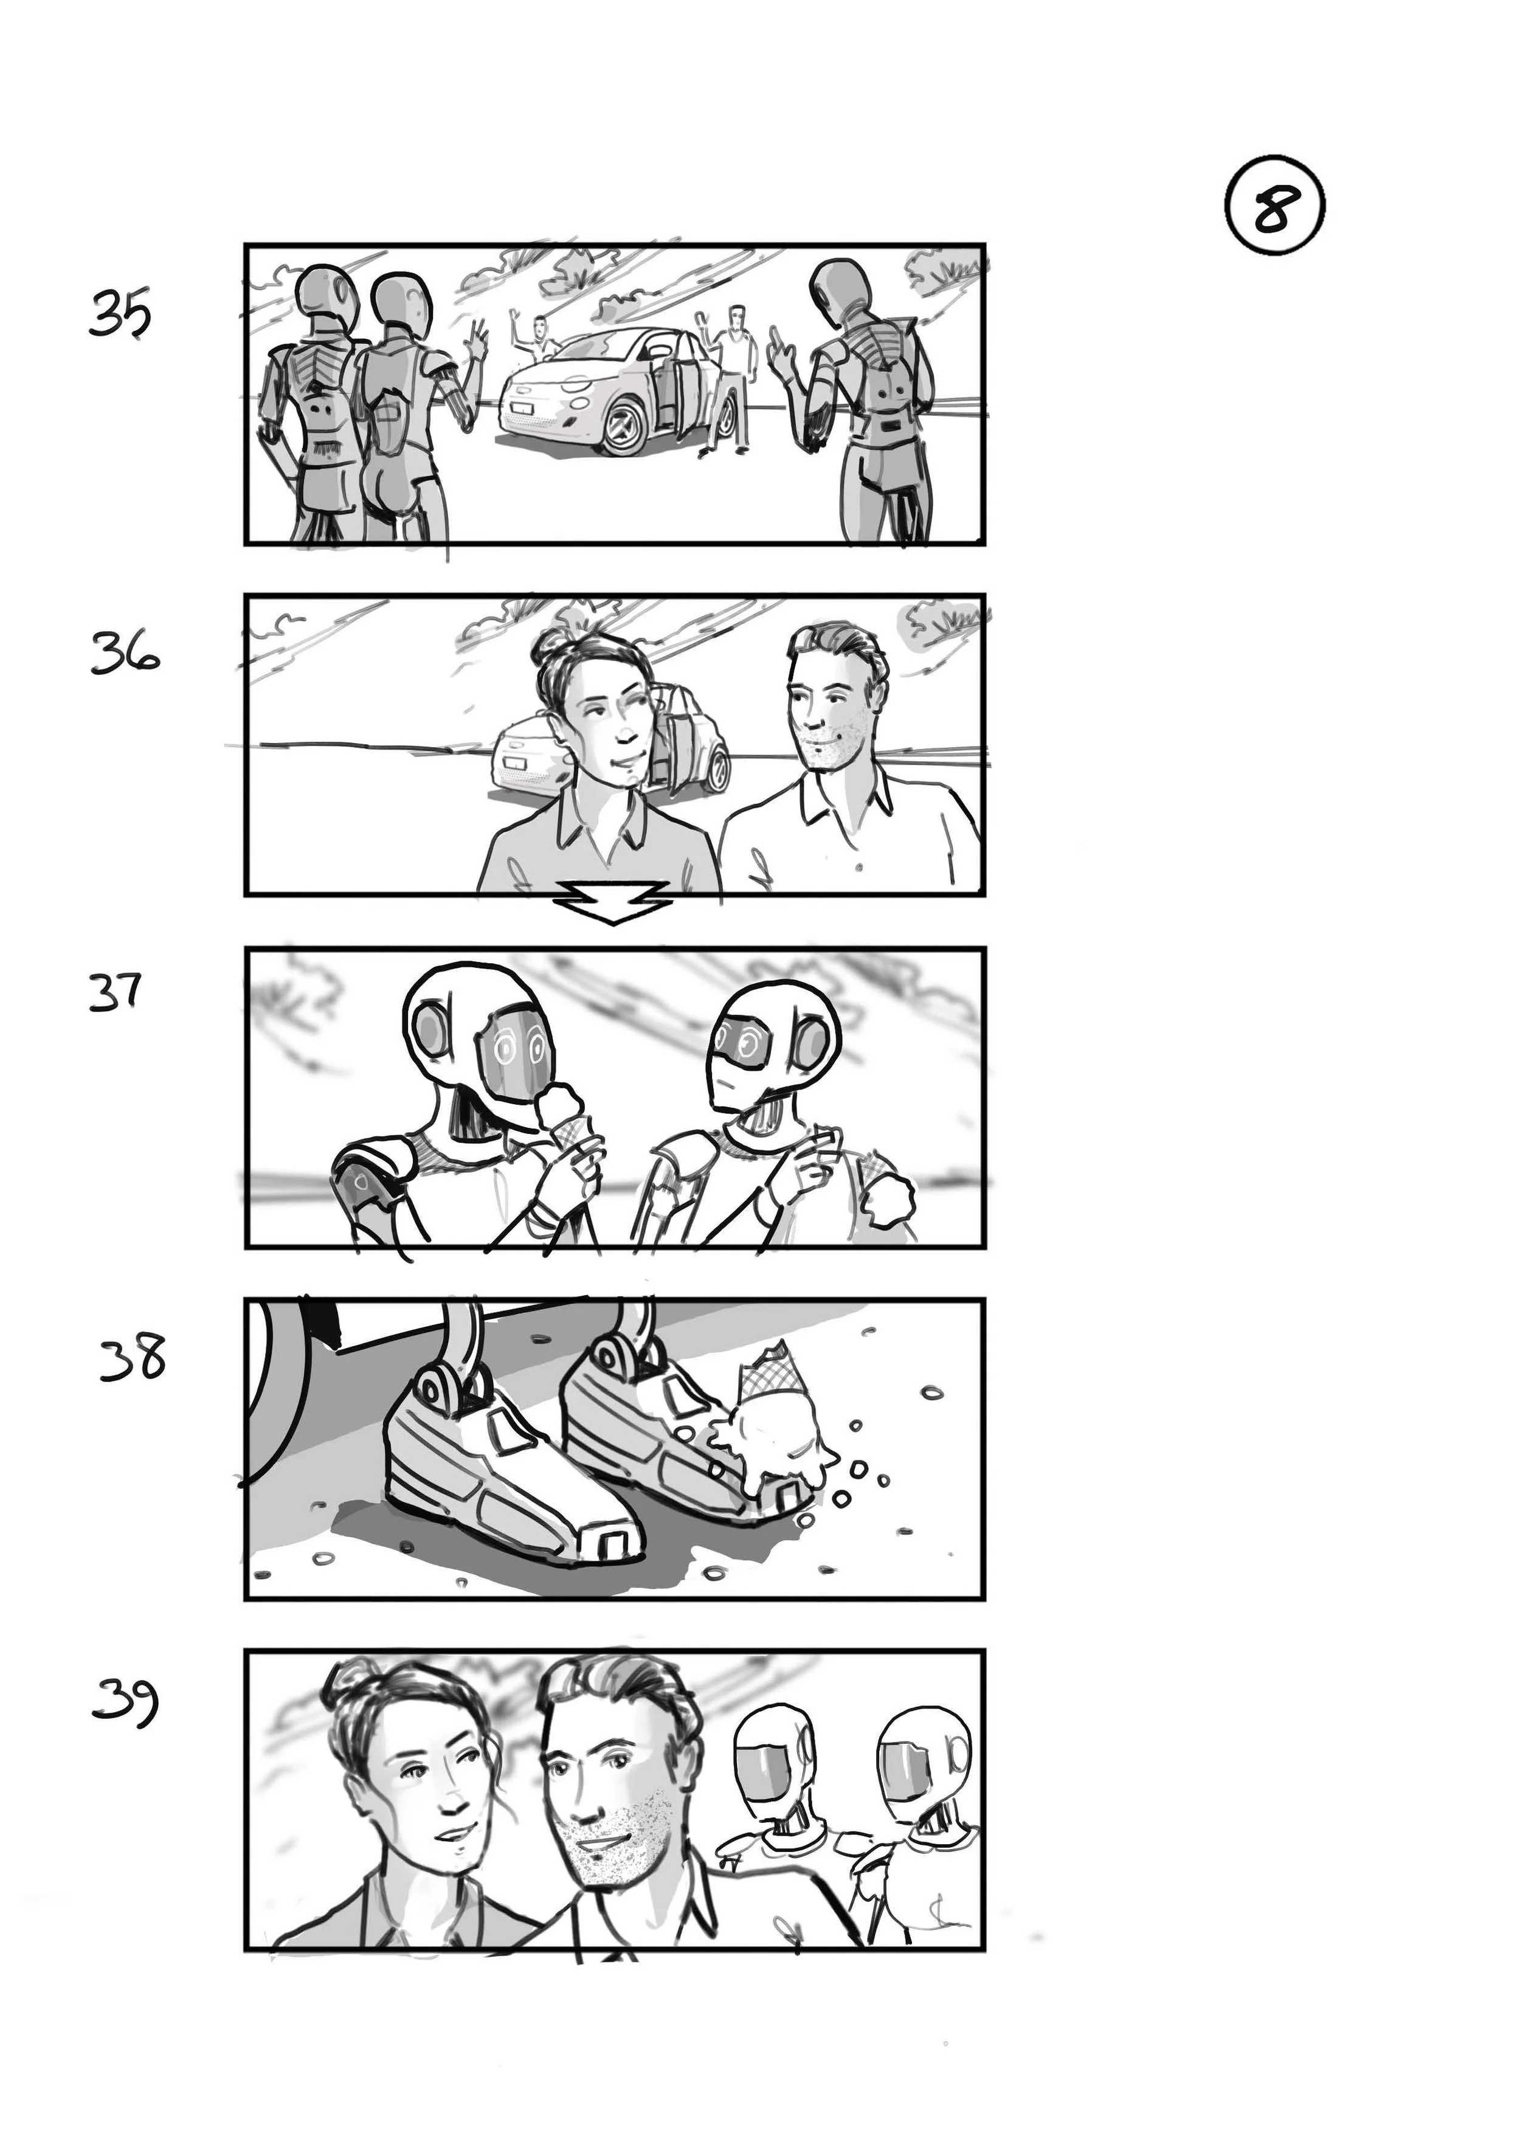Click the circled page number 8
[x=1274, y=208]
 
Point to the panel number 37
[x=115, y=992]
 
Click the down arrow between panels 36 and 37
[x=612, y=902]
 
